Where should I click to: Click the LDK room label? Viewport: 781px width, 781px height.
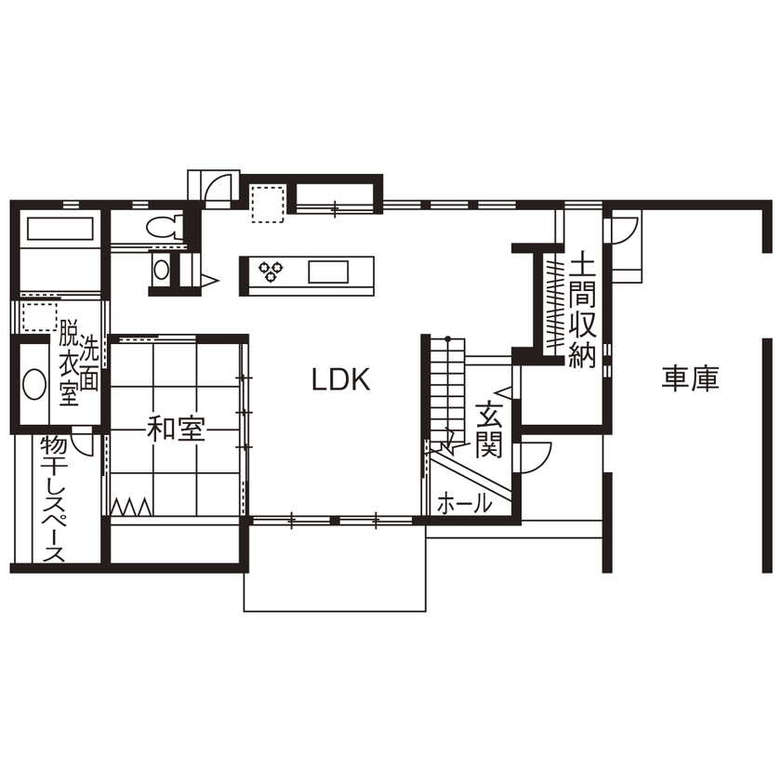pos(341,379)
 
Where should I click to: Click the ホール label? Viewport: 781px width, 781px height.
pos(463,504)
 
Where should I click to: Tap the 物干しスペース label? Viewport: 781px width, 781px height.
pos(53,498)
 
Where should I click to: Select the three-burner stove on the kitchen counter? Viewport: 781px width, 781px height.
pos(271,271)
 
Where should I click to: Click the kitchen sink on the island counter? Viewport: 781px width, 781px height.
pos(328,271)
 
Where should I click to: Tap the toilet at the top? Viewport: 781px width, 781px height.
pos(163,226)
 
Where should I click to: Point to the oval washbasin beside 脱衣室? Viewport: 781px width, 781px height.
pos(33,385)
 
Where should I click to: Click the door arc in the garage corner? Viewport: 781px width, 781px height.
pos(624,229)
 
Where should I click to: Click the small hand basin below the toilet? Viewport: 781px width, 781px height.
pos(161,270)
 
